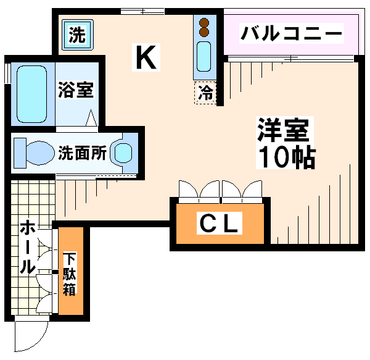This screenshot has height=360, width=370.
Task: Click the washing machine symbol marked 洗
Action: [78, 35]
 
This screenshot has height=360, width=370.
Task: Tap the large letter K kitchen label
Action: [146, 57]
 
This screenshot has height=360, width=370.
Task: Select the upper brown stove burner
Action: [204, 23]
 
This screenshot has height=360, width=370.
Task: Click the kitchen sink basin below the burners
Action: [204, 56]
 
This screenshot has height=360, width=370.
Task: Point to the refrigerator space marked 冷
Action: [205, 93]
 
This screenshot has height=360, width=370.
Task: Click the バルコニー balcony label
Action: [292, 33]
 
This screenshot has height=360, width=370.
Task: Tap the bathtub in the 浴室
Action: [32, 94]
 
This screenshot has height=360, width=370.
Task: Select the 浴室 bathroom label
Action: [76, 90]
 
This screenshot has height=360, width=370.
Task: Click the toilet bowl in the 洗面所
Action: [39, 153]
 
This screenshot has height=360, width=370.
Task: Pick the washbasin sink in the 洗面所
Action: [123, 153]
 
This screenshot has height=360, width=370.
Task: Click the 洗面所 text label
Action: [83, 153]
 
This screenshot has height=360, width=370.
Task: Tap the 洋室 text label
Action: [283, 130]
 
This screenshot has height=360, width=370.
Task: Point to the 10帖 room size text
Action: [287, 156]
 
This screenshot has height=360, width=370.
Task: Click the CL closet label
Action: [219, 224]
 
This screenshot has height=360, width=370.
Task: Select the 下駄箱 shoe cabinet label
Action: [69, 274]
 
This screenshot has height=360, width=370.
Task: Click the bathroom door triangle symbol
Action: [91, 118]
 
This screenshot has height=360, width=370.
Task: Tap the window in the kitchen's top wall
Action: [142, 11]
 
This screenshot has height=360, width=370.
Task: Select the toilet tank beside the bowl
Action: [20, 153]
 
